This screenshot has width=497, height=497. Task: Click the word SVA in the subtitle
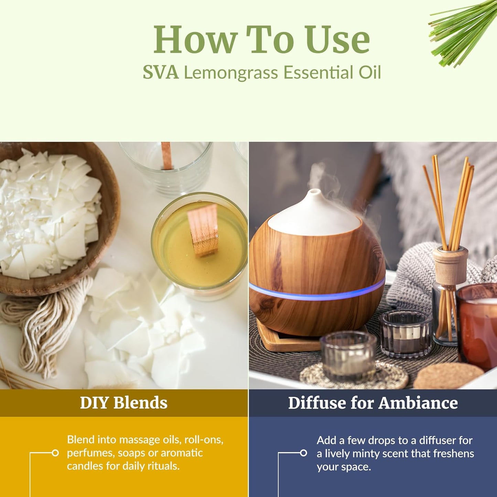click(x=161, y=73)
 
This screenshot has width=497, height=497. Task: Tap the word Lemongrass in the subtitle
click(x=230, y=73)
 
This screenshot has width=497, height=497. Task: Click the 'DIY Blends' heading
click(x=123, y=403)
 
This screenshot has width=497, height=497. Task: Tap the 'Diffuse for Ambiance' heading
click(x=373, y=403)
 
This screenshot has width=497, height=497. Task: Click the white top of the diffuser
click(x=315, y=213)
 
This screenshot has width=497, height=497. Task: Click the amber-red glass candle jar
click(x=478, y=327)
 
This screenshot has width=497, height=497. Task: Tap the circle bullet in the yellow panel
click(x=55, y=453)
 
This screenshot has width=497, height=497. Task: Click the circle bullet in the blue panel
click(x=303, y=453)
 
